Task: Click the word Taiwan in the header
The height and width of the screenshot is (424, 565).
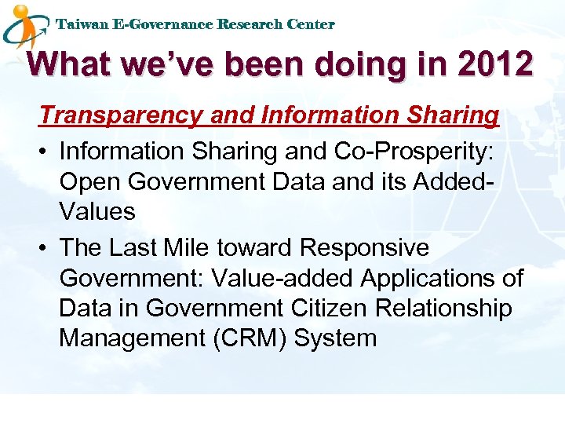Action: pos(82,24)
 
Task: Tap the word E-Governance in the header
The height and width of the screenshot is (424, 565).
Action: pos(162,24)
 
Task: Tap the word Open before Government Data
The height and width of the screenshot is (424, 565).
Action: pos(90,181)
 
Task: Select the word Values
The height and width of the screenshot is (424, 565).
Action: pos(97,211)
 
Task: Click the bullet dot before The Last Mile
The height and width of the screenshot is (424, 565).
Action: pos(46,248)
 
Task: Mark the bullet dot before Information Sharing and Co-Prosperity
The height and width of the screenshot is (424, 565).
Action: pos(46,151)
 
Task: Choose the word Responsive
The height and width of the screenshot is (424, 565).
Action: pos(365,247)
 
